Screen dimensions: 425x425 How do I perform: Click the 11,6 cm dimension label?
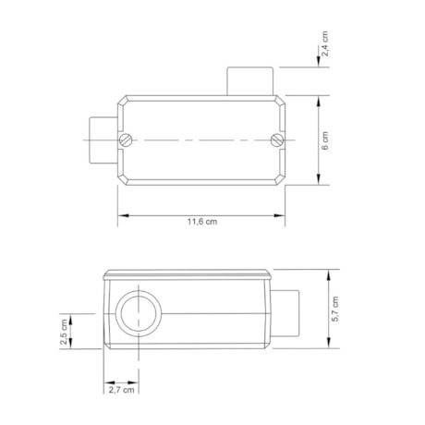[x=202, y=223]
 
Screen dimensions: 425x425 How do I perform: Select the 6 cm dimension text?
[x=338, y=140]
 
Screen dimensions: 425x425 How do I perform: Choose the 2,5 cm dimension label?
[x=64, y=332]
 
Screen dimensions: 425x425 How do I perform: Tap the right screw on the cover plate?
[x=274, y=140]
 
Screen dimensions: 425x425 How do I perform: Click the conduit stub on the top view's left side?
[x=99, y=140]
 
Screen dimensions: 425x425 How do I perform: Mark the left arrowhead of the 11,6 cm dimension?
[x=121, y=216]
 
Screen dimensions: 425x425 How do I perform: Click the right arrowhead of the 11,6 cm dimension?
[x=281, y=216]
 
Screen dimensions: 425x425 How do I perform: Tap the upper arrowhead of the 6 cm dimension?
[x=320, y=98]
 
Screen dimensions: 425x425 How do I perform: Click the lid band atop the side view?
[x=188, y=274]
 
